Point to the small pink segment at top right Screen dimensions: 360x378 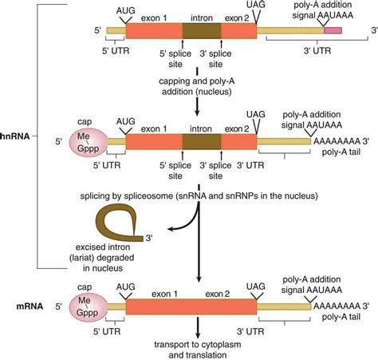(x=333, y=30)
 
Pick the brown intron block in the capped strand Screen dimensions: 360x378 (x=202, y=141)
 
